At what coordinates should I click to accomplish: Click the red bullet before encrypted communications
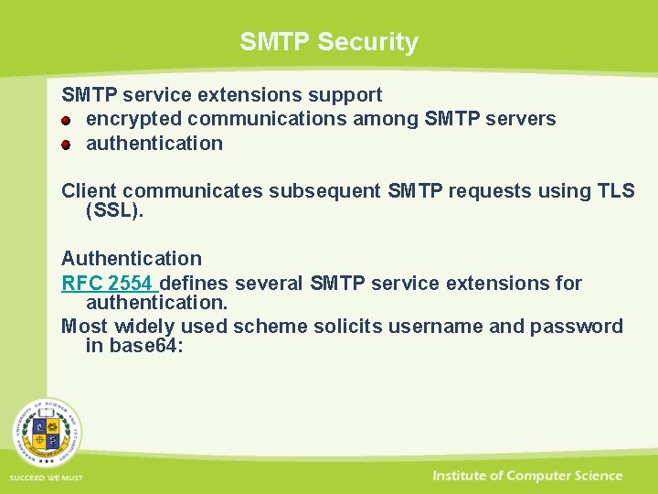(x=67, y=120)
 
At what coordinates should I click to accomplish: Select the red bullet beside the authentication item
(x=67, y=144)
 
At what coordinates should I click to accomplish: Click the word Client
(x=89, y=190)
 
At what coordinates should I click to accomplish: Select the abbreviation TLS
(x=614, y=190)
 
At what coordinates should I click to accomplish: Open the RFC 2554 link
(x=107, y=283)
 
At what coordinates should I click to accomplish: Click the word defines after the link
(x=194, y=283)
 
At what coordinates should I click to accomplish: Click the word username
(x=440, y=326)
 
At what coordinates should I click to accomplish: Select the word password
(x=579, y=326)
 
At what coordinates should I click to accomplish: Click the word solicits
(x=344, y=326)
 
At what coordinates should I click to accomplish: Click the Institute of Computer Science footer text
(x=527, y=476)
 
